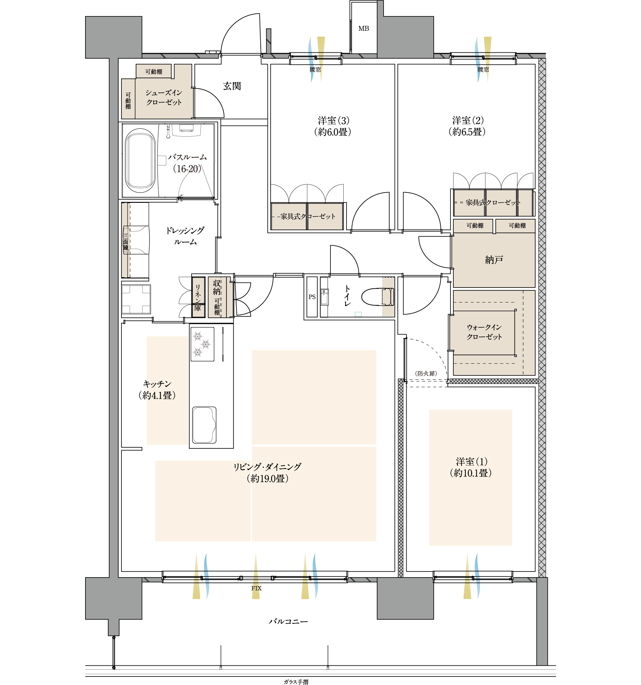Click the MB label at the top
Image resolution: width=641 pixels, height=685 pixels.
[x=364, y=28]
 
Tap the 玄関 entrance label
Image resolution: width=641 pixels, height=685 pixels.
[x=232, y=86]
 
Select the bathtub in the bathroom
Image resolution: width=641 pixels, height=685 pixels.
[x=140, y=160]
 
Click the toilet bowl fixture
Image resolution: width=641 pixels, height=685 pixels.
[x=378, y=297]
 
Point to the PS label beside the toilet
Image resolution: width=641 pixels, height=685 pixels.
[x=312, y=297]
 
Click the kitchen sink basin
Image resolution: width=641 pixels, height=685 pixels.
[x=204, y=425]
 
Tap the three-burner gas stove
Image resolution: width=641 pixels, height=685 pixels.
[x=202, y=344]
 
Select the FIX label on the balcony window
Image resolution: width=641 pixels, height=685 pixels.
[x=256, y=588]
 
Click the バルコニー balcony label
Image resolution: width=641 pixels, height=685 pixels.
[x=288, y=621]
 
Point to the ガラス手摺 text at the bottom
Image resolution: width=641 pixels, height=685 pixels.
[x=296, y=682]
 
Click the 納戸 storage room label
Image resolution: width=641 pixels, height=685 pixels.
[x=494, y=260]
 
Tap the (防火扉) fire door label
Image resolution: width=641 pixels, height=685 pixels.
[x=426, y=373]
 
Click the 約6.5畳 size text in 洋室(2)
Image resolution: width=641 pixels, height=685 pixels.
[x=467, y=132]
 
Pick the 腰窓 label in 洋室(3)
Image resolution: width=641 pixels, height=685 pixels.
[x=315, y=69]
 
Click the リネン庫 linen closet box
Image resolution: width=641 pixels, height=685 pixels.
[x=198, y=297]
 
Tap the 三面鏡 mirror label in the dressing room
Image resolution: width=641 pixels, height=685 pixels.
[x=126, y=242]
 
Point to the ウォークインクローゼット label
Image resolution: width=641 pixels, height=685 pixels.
[x=484, y=332]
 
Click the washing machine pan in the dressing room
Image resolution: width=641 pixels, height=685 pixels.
[x=136, y=299]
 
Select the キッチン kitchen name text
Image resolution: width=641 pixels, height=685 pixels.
[x=157, y=384]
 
